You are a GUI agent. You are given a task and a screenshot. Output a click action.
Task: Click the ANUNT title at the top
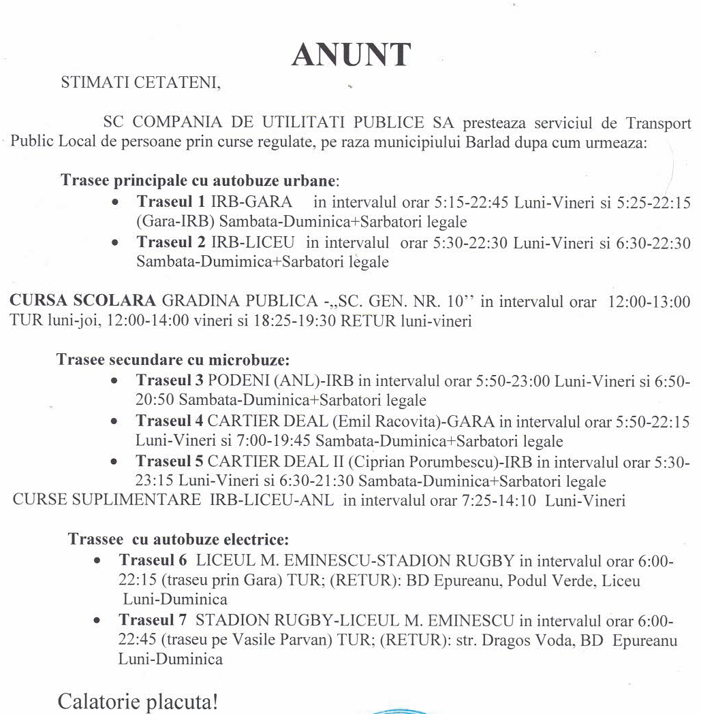point(351,54)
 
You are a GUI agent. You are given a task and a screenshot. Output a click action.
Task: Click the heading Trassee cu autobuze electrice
point(178,540)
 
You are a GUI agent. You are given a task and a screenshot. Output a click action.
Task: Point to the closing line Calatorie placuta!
point(138,700)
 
